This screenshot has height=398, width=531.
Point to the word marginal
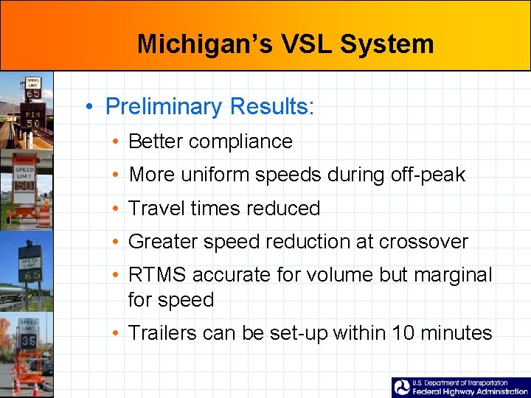[x=452, y=275]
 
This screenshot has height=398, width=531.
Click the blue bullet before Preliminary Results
[x=88, y=107]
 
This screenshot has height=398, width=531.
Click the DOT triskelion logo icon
[x=402, y=388]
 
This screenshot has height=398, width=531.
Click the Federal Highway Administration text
[x=470, y=392]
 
